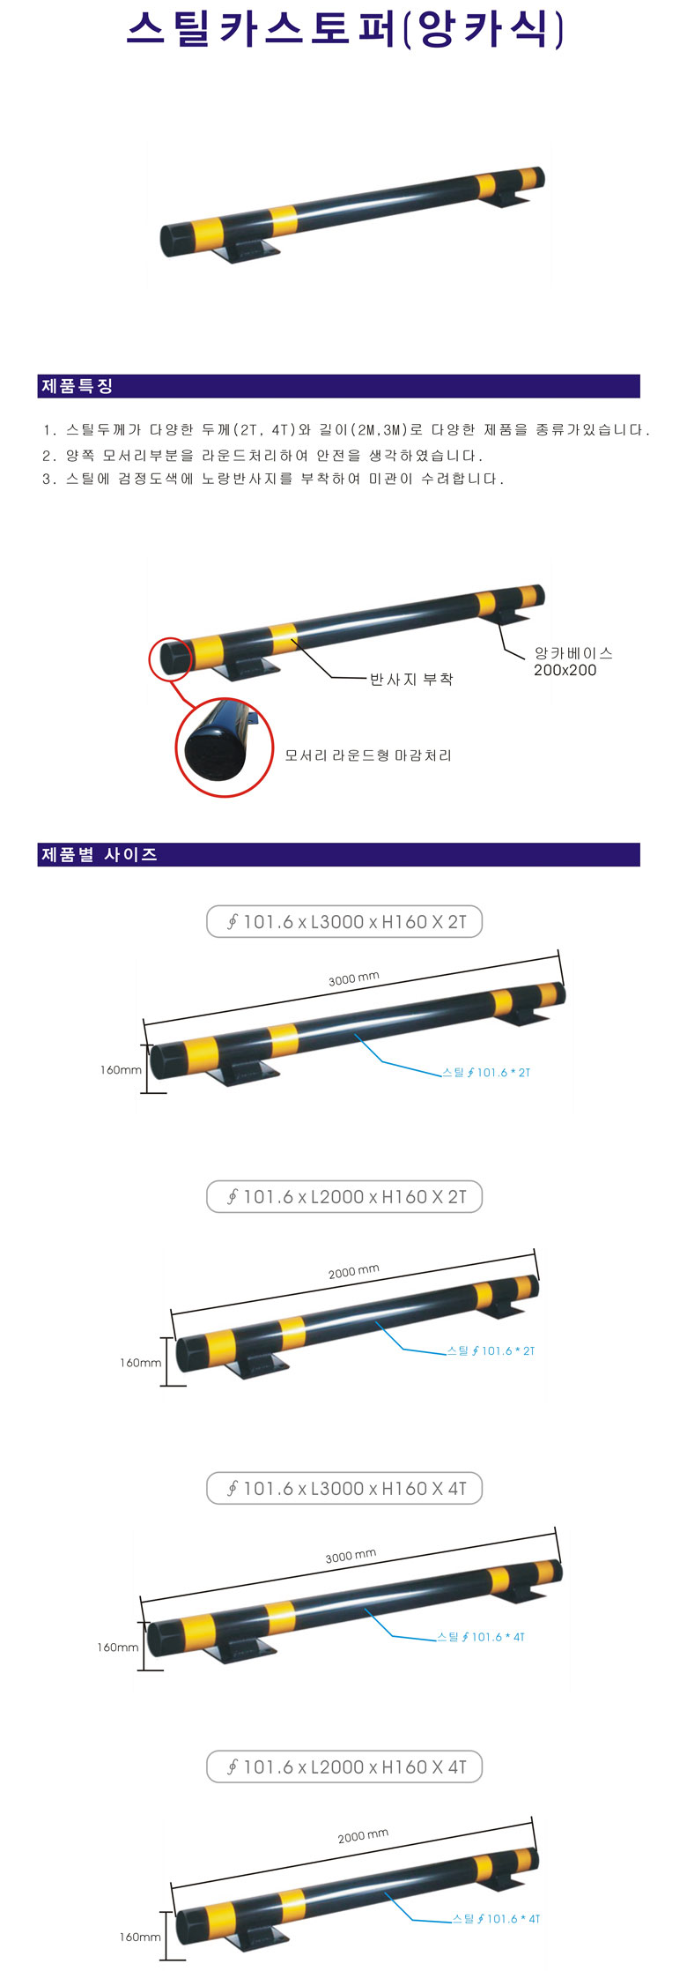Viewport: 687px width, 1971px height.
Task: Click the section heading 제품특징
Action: [78, 386]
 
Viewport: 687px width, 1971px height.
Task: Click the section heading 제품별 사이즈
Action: [99, 854]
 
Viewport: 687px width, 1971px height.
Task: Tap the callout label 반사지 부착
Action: [411, 679]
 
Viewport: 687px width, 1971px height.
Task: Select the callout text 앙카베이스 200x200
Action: [572, 661]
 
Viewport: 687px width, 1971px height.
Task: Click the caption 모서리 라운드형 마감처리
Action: [368, 755]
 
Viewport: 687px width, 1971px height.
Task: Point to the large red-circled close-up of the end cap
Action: [224, 747]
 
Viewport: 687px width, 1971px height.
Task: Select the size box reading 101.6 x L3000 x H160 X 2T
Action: [344, 922]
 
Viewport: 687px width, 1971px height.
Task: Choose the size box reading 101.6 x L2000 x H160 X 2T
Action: [344, 1197]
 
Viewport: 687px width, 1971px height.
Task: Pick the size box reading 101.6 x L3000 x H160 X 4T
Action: [344, 1489]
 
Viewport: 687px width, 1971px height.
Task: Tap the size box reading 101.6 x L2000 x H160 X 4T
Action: [344, 1766]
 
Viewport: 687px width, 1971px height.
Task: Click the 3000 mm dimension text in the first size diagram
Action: [353, 978]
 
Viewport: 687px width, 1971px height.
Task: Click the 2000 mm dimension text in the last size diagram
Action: [363, 1836]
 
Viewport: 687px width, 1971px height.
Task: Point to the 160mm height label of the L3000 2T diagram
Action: [121, 1070]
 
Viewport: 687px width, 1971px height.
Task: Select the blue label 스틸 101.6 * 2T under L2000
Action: [491, 1350]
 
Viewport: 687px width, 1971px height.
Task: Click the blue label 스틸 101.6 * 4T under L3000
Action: [481, 1637]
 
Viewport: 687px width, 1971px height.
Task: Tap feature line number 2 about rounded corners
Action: [262, 456]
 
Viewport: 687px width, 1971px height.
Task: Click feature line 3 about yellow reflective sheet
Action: [273, 479]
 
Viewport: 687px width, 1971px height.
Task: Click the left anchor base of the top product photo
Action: [246, 251]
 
